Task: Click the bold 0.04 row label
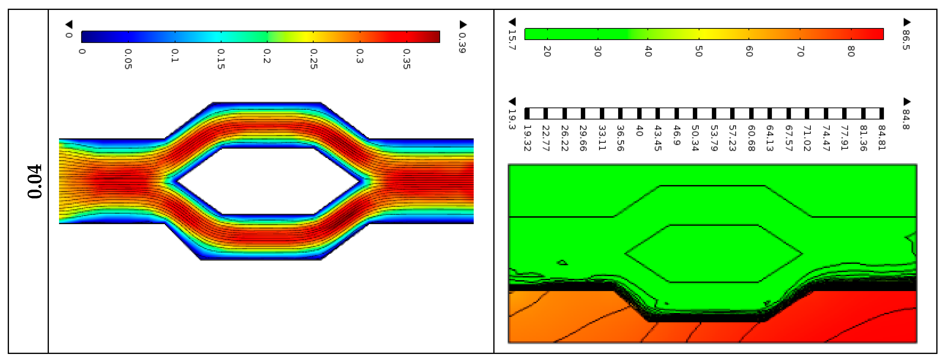[x=35, y=181]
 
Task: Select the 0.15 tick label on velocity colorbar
[x=221, y=59]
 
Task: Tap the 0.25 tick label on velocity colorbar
[x=313, y=59]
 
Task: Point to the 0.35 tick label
[x=406, y=59]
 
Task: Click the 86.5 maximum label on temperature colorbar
[x=906, y=40]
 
